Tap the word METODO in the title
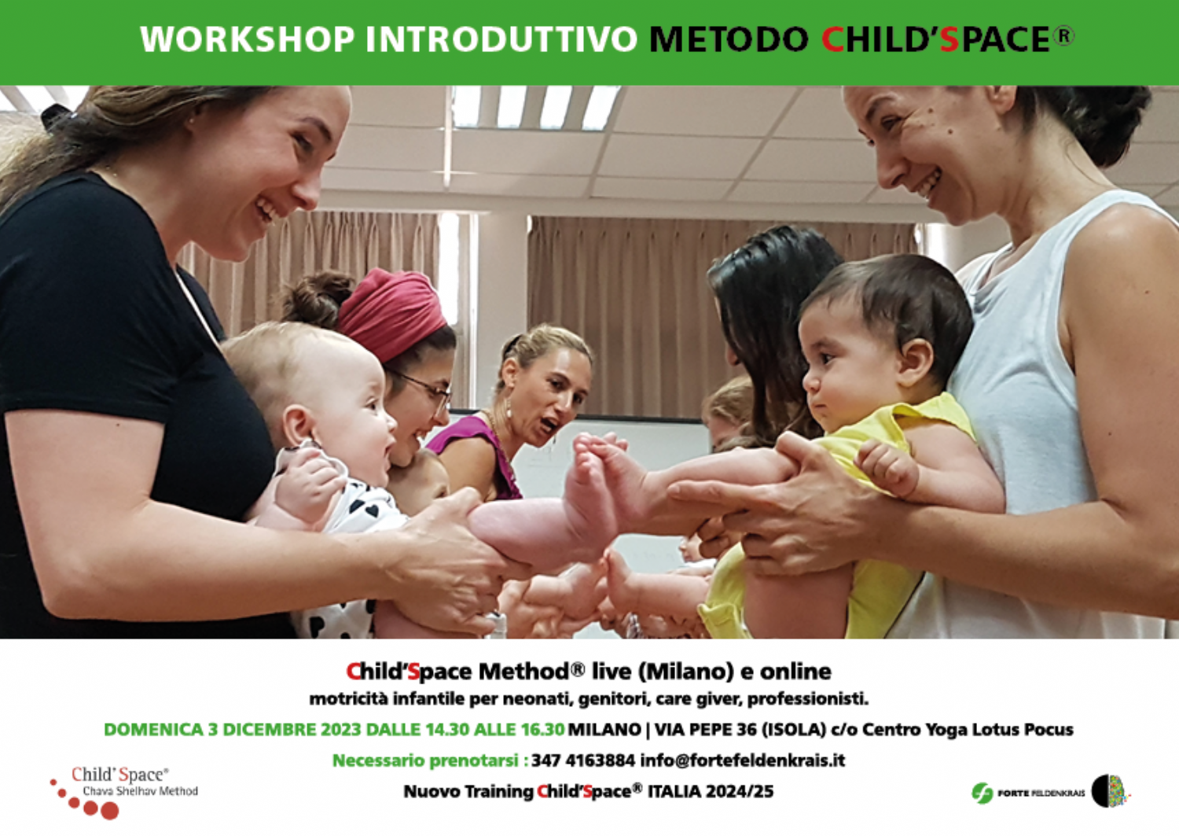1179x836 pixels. point(729,39)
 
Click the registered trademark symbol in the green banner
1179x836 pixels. point(1063,36)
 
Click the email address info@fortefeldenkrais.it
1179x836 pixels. point(743,761)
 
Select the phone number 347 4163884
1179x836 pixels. point(583,761)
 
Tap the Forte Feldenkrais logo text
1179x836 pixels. point(1041,792)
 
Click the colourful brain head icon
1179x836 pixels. point(1110,790)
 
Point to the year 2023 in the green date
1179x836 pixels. point(341,730)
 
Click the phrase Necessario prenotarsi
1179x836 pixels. point(428,761)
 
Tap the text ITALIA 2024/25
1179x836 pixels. point(711,792)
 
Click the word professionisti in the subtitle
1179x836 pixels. point(807,699)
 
